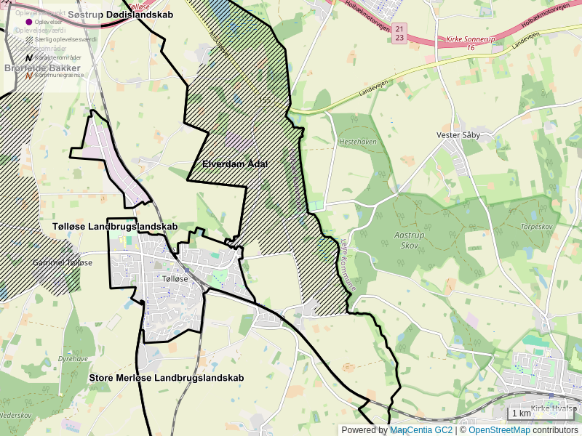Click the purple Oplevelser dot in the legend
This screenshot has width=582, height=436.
[x=29, y=22]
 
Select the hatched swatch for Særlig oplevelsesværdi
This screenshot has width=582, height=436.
[x=29, y=39]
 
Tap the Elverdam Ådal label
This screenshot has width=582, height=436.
[x=235, y=164]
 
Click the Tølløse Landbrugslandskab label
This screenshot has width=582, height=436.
[x=115, y=227]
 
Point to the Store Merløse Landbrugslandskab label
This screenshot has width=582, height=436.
[x=166, y=378]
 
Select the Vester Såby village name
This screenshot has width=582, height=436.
[x=458, y=134]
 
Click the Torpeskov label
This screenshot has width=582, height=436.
[x=537, y=226]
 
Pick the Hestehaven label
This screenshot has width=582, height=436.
[x=359, y=142]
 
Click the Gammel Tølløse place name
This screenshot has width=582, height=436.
[x=63, y=262]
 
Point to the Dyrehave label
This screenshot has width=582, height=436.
[x=73, y=358]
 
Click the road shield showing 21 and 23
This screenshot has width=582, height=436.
[x=399, y=33]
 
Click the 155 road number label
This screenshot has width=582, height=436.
[x=264, y=100]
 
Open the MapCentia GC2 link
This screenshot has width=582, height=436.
[x=421, y=430]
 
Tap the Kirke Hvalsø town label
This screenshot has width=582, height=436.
[x=554, y=408]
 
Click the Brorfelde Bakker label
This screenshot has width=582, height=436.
[x=42, y=68]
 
